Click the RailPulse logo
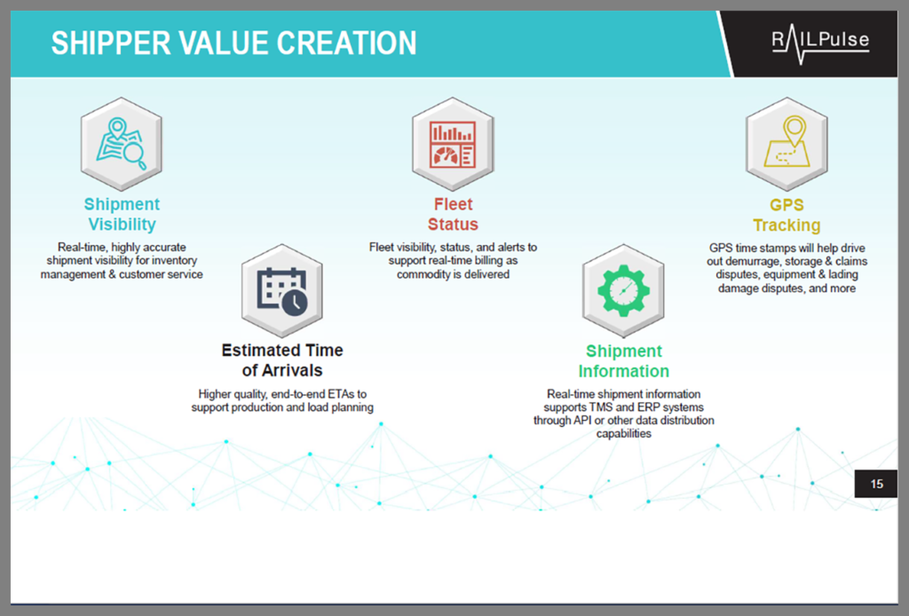(820, 44)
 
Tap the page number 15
(876, 484)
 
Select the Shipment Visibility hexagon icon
(121, 145)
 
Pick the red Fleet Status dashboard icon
(453, 145)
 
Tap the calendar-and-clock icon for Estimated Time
(282, 291)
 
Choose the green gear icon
(623, 291)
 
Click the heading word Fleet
(454, 204)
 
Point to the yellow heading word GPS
(786, 204)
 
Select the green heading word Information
(624, 371)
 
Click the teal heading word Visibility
(122, 225)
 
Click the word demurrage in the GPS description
(752, 261)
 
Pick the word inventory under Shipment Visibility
(175, 261)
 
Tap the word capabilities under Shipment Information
(624, 433)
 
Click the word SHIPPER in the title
(111, 43)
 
